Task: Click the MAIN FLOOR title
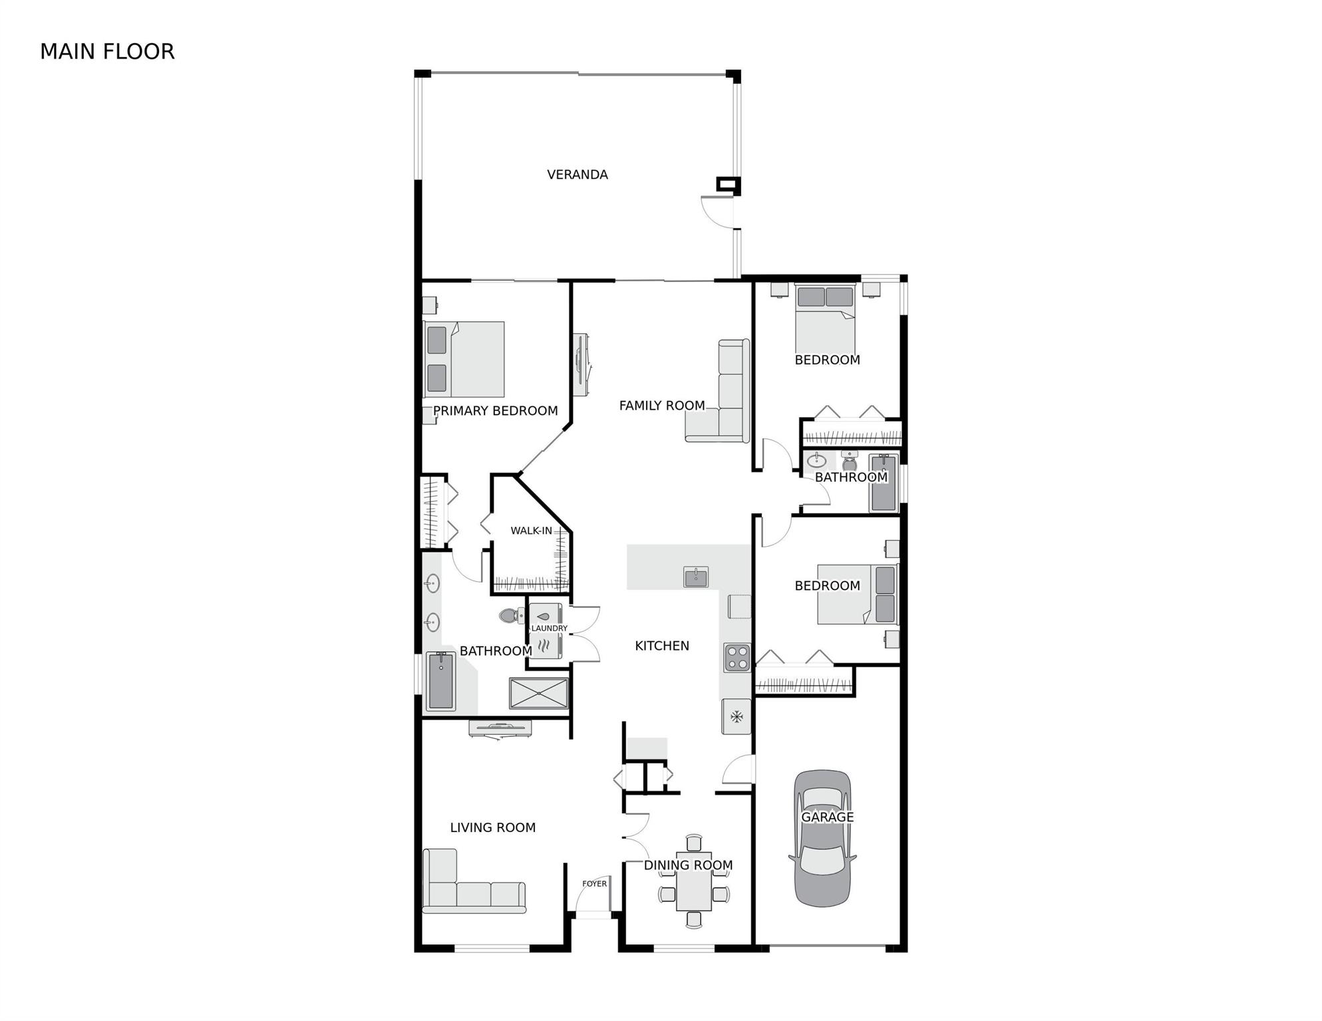[107, 51]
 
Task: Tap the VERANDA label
[578, 174]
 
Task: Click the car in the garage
[822, 839]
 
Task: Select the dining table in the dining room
[694, 881]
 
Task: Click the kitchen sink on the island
[696, 577]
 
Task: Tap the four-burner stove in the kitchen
[737, 657]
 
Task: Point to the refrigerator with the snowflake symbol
[737, 716]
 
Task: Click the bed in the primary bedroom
[463, 359]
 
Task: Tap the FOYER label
[594, 883]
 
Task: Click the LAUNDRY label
[549, 628]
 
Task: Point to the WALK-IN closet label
[531, 530]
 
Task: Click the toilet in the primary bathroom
[512, 616]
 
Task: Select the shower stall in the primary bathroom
[539, 694]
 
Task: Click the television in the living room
[500, 729]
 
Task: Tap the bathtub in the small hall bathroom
[884, 483]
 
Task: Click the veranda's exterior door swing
[717, 212]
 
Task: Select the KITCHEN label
[662, 645]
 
